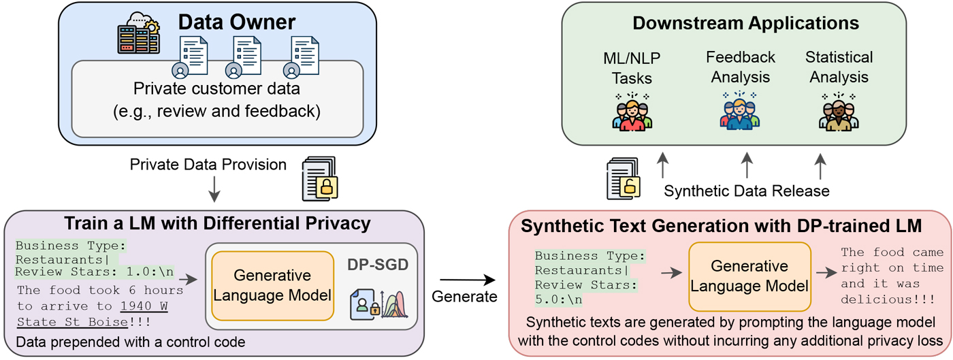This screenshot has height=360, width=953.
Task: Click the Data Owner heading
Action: pyautogui.click(x=236, y=22)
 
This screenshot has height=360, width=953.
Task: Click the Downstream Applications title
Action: pyautogui.click(x=745, y=23)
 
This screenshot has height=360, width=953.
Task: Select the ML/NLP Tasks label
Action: pyautogui.click(x=632, y=67)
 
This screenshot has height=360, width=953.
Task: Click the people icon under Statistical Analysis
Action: pyautogui.click(x=839, y=111)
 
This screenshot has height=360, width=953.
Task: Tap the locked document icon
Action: pyautogui.click(x=320, y=178)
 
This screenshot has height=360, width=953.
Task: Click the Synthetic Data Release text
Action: pyautogui.click(x=746, y=191)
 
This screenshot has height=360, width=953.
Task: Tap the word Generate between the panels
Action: pyautogui.click(x=466, y=297)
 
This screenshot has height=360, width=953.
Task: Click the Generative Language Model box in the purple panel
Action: pyautogui.click(x=272, y=285)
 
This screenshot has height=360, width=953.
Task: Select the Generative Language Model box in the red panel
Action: pyautogui.click(x=749, y=276)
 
